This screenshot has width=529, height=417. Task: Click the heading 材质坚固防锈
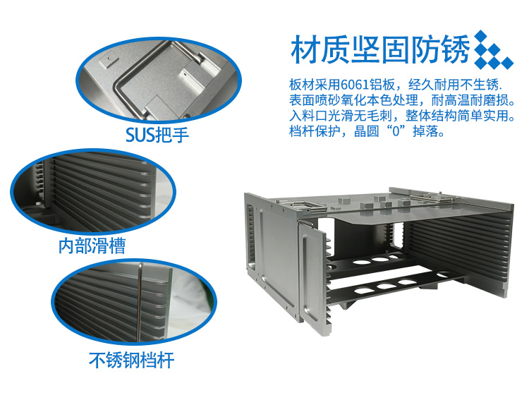(380, 49)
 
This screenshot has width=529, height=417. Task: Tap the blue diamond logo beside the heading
(493, 49)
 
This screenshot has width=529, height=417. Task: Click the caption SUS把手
(157, 135)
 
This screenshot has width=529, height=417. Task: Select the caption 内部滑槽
(92, 246)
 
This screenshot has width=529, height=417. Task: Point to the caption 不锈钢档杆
(132, 360)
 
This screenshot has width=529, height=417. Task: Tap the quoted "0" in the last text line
(396, 131)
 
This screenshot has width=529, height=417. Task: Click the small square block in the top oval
(109, 60)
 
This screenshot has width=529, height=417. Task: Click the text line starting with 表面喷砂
(402, 100)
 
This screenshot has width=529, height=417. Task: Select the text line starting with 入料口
(402, 116)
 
